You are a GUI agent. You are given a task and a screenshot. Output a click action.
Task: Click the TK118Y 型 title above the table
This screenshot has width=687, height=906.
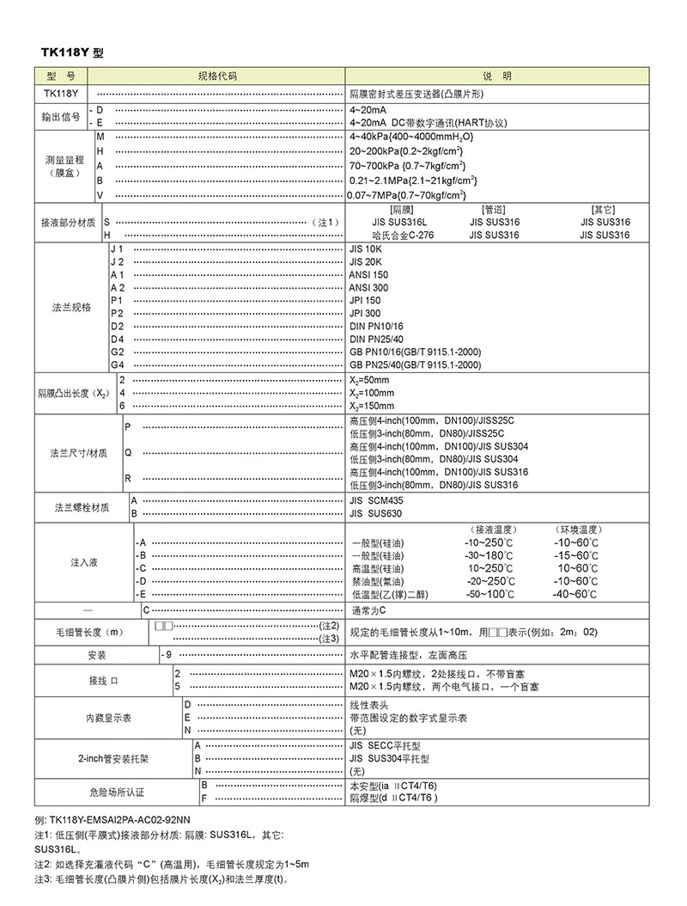click(x=72, y=53)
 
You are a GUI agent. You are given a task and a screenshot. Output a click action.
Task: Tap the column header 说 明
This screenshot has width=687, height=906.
click(x=496, y=77)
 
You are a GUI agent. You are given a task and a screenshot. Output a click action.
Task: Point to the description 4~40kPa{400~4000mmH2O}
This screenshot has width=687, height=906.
click(x=411, y=137)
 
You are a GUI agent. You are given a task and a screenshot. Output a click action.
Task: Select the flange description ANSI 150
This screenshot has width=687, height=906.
click(x=368, y=274)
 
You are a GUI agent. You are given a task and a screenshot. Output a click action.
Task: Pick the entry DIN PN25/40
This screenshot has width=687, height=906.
click(x=376, y=339)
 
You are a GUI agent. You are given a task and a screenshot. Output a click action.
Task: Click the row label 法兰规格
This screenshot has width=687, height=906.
click(x=71, y=307)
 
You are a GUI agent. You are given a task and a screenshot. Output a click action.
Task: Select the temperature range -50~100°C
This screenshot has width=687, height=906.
click(x=489, y=594)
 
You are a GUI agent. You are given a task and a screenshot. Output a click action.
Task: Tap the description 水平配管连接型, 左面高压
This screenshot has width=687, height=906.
click(x=411, y=655)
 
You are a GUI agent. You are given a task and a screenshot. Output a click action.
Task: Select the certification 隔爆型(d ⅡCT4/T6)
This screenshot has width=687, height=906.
click(x=394, y=798)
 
